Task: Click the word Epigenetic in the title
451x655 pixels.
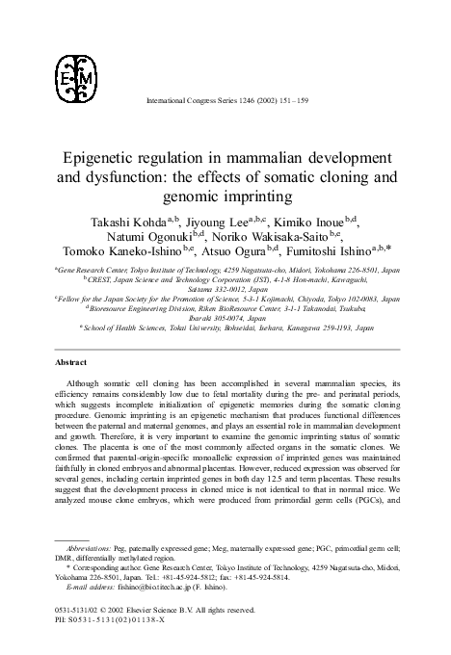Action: click(104, 159)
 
